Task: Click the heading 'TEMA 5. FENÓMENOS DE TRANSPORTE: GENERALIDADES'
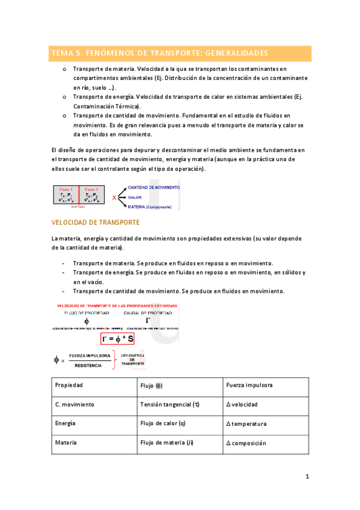coord(160,53)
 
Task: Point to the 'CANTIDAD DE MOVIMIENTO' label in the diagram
coord(153,187)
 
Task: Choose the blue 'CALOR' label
coord(135,197)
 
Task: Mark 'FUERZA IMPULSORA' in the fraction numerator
coord(89,355)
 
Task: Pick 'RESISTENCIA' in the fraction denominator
coord(88,365)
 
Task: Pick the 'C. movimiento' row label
coord(75,405)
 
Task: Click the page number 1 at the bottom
coord(307,477)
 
